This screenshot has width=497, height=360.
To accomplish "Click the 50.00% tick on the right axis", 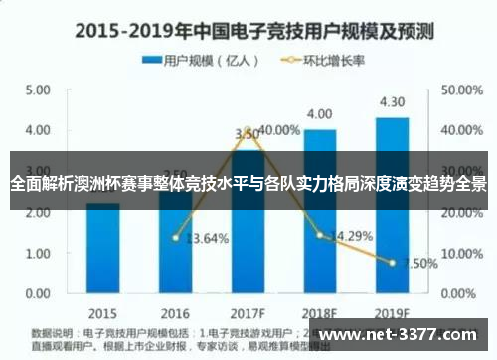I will pos(460,90).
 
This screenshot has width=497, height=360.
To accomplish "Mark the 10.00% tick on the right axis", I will pos(460,254).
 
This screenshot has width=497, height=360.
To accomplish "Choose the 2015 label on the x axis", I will pos(101,310).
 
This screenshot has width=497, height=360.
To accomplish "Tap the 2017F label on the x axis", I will pos(248,310).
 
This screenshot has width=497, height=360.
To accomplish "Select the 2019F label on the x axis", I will pos(392,310).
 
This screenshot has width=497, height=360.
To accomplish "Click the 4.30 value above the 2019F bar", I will pos(392,102).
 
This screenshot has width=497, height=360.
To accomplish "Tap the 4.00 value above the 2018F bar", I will pos(319,114).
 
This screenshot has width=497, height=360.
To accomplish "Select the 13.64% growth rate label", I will pos(208,238).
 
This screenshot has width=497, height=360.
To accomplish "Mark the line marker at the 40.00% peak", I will pos(248,130).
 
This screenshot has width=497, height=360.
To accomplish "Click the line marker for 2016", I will pos(175,238).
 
